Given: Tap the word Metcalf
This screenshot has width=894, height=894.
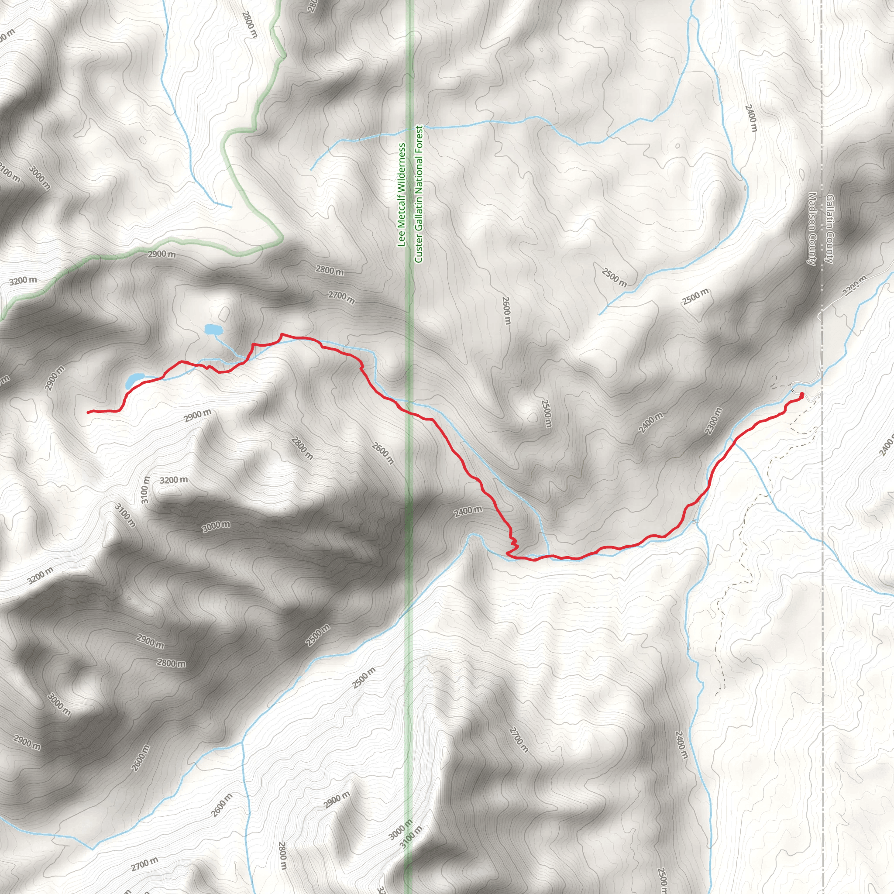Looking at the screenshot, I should click(402, 209).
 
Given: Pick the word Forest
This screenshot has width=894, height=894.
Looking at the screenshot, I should click(419, 138).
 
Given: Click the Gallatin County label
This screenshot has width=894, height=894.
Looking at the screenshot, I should click(829, 230).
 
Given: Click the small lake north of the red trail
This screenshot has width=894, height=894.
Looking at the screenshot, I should click(213, 330).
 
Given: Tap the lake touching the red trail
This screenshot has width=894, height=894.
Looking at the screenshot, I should click(134, 380).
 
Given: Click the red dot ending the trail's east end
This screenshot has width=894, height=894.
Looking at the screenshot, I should click(801, 394).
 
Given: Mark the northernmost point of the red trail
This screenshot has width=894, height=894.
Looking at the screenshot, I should click(282, 334).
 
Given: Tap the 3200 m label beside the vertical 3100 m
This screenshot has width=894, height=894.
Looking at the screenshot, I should click(174, 480).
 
